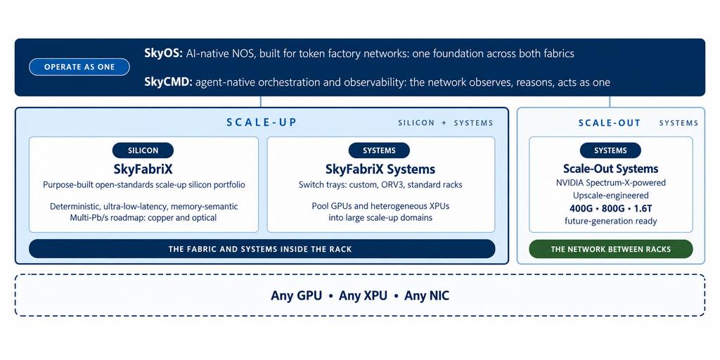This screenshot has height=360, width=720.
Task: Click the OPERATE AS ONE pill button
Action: [x=79, y=67]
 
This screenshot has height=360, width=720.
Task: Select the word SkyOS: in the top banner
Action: [x=164, y=53]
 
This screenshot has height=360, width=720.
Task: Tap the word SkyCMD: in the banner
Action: [x=168, y=83]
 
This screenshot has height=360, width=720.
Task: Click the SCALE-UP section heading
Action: [x=262, y=122]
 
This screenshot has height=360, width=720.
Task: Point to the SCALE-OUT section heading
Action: [x=610, y=122]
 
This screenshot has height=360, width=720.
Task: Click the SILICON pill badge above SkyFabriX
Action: [x=143, y=150]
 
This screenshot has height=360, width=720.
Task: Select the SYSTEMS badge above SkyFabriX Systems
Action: [x=379, y=150]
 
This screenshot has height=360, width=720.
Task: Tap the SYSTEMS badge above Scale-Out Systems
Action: [x=610, y=150]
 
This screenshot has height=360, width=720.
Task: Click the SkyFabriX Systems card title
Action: [x=380, y=169]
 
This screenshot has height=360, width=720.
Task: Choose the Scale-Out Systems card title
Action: [x=611, y=169]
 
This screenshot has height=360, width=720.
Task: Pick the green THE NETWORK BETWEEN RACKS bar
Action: [x=611, y=249]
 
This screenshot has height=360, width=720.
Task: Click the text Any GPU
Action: [x=296, y=296]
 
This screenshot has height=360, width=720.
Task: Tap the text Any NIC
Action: [x=427, y=296]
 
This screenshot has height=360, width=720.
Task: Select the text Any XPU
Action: [x=364, y=296]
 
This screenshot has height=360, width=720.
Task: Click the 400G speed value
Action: [x=581, y=208]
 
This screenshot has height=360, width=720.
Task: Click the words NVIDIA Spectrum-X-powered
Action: [x=611, y=182]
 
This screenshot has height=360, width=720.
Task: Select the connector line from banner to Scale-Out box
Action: [x=610, y=101]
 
